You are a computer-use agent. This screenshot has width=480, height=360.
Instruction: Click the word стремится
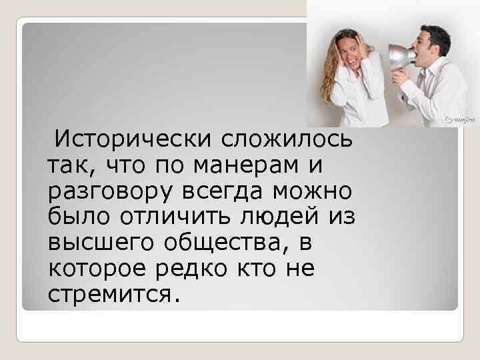113,293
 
